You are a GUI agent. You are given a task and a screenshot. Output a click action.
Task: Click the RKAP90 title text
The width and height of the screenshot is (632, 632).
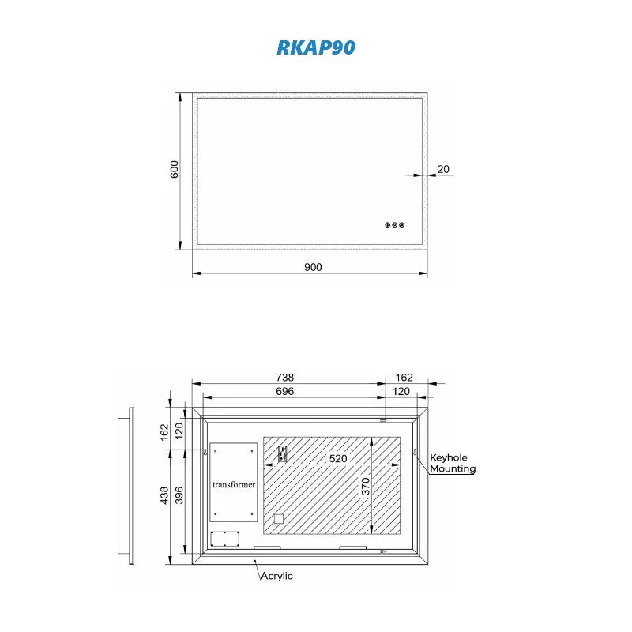click(x=315, y=47)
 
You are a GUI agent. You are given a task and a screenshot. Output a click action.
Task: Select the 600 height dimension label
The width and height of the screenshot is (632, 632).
click(x=175, y=169)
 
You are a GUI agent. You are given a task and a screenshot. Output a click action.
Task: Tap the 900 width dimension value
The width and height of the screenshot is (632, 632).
click(x=313, y=267)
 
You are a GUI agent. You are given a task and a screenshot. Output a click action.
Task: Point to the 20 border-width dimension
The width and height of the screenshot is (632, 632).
click(x=443, y=168)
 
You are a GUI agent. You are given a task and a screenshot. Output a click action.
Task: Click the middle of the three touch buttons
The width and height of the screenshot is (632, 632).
click(x=395, y=225)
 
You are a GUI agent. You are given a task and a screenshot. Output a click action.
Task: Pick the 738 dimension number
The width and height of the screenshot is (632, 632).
click(x=284, y=378)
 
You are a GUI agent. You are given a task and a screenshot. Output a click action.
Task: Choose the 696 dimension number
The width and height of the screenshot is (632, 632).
click(x=284, y=392)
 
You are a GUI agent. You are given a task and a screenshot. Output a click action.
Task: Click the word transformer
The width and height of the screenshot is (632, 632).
click(x=234, y=484)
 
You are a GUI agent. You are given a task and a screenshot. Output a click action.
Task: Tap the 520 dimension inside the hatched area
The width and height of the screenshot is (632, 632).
click(x=338, y=458)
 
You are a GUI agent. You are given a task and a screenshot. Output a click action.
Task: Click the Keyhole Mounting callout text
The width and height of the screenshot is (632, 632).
click(x=453, y=463)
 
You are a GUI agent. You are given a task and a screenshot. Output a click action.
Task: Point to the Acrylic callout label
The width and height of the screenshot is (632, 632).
click(x=277, y=576)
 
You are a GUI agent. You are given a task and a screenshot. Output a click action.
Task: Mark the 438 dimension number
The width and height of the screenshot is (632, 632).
click(x=164, y=495)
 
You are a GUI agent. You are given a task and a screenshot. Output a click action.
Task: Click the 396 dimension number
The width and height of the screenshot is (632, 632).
click(x=179, y=495)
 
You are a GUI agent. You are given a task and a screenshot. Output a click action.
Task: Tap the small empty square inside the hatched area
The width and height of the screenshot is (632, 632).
click(x=278, y=519)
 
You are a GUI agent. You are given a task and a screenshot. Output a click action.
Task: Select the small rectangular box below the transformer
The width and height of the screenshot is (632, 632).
click(x=225, y=540)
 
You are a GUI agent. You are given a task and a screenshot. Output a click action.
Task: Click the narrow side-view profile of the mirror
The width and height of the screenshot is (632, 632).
click(x=131, y=486)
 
